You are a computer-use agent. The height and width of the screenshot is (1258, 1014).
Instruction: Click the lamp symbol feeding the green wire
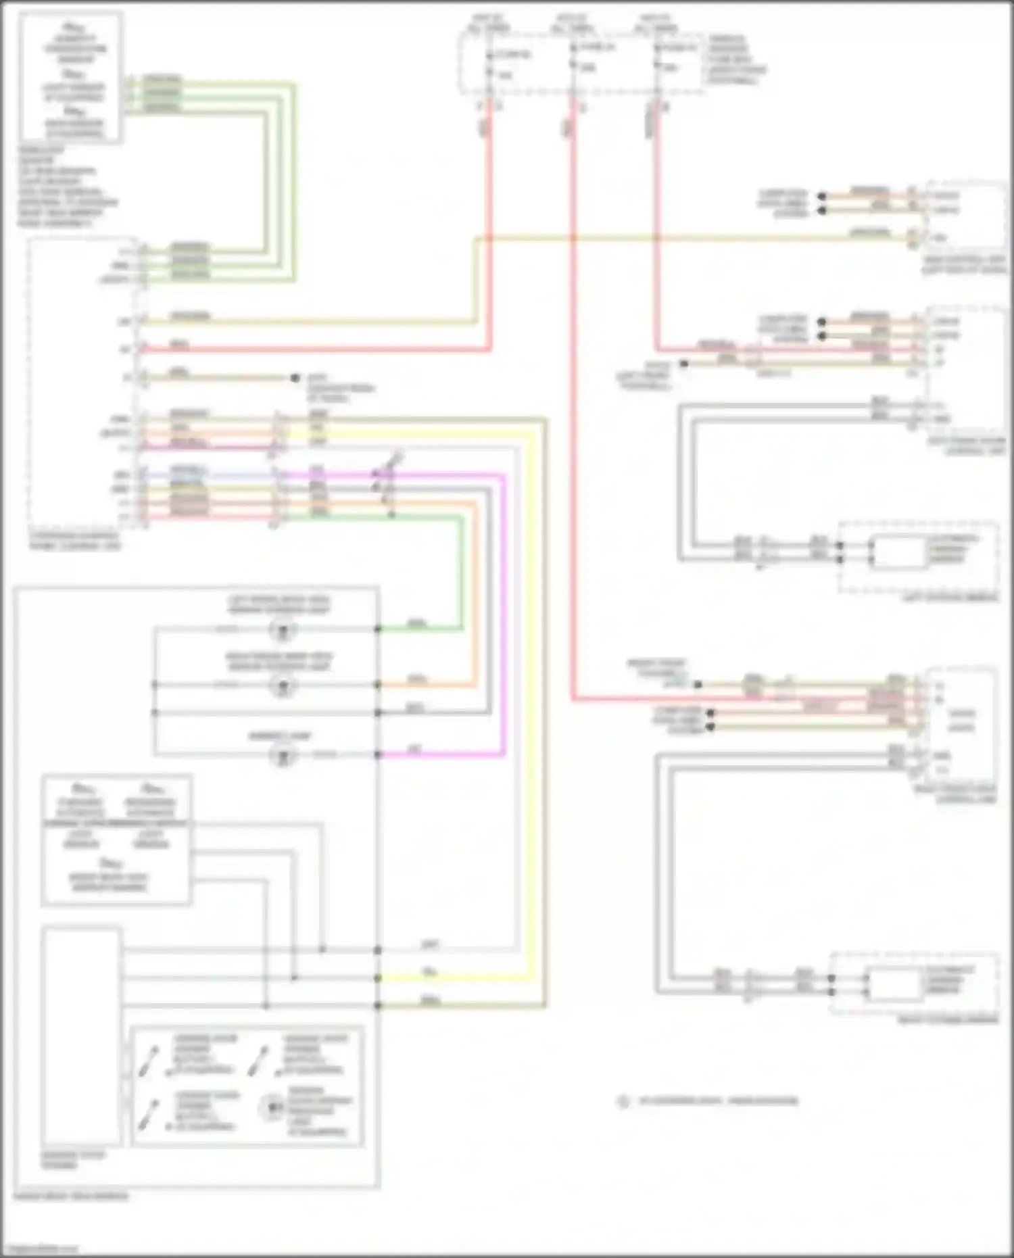pos(283,630)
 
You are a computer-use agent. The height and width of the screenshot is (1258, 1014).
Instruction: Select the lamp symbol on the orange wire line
pos(283,685)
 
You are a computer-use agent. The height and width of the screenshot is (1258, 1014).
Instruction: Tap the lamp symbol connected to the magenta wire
pos(283,754)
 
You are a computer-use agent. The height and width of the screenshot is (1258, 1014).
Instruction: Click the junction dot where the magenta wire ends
pos(378,754)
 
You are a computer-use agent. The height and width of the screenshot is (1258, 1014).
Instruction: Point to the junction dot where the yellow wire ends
pos(378,977)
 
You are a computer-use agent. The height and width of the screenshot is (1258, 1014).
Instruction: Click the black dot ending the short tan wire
pos(295,378)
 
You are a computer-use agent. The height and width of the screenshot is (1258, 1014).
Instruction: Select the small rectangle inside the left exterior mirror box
pos(898,552)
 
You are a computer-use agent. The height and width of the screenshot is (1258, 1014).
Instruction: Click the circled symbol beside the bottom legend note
pos(623,1101)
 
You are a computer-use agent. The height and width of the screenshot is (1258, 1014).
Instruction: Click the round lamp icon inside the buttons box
pos(272,1107)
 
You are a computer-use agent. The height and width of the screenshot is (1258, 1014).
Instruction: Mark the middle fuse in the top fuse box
pos(573,57)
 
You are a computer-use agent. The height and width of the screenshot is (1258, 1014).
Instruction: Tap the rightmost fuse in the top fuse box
pos(657,57)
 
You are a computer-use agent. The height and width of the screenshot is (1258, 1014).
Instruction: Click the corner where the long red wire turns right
pos(573,700)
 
